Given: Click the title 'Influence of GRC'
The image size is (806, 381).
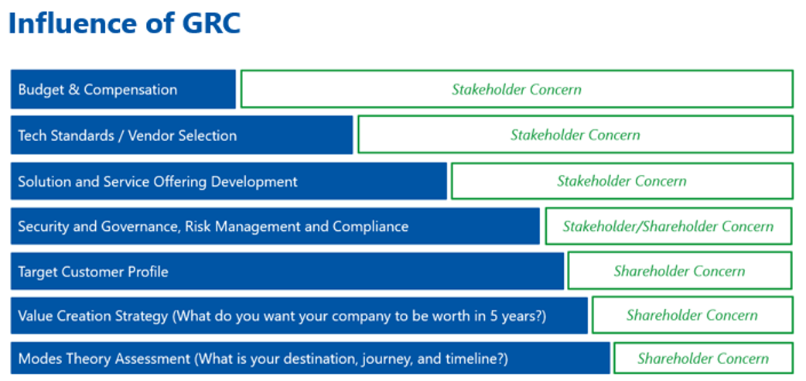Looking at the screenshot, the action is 125,23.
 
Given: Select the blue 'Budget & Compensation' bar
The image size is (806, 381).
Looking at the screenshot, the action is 123,90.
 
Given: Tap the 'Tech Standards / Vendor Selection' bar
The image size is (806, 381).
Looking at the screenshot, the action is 182,136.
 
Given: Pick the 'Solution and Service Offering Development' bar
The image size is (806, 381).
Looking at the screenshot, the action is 229,181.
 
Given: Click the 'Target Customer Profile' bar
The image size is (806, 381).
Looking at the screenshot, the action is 287,271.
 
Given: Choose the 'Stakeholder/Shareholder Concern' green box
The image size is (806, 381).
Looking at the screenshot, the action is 668,226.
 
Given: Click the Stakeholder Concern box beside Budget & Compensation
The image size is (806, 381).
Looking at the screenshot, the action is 517,89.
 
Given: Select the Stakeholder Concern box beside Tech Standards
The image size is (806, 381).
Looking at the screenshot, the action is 575,135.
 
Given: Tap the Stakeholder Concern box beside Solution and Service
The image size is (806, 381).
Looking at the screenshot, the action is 622,180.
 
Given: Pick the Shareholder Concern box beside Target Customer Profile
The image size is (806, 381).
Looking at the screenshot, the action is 680,271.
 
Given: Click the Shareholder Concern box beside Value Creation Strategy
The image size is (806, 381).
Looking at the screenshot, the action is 692,314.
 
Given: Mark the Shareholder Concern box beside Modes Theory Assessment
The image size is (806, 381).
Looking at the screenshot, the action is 703,359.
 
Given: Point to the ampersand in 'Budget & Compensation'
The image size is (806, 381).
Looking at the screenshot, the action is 74,90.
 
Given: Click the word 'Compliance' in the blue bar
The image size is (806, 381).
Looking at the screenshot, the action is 371,227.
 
